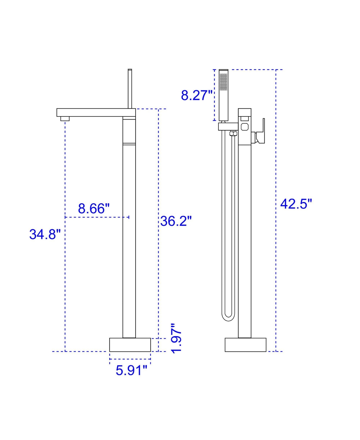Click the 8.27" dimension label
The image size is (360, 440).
[196, 95]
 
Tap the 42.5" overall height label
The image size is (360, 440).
[296, 204]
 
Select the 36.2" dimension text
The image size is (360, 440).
[176, 221]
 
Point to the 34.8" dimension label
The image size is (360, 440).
[45, 234]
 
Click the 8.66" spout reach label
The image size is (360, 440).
[94, 209]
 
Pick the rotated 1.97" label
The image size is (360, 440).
[176, 338]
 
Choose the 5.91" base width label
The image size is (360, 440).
[131, 370]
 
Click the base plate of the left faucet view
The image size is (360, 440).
[130, 345]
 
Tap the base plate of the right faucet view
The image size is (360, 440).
[245, 345]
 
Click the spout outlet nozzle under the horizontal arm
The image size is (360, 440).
[65, 119]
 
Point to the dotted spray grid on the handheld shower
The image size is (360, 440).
[223, 82]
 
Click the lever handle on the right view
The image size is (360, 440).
[261, 132]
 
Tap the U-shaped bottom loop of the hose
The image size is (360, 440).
[228, 317]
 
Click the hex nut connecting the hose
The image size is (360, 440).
[233, 133]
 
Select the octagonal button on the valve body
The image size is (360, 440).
[244, 127]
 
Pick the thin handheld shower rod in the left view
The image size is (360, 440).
[130, 89]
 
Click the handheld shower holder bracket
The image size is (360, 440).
[228, 127]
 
